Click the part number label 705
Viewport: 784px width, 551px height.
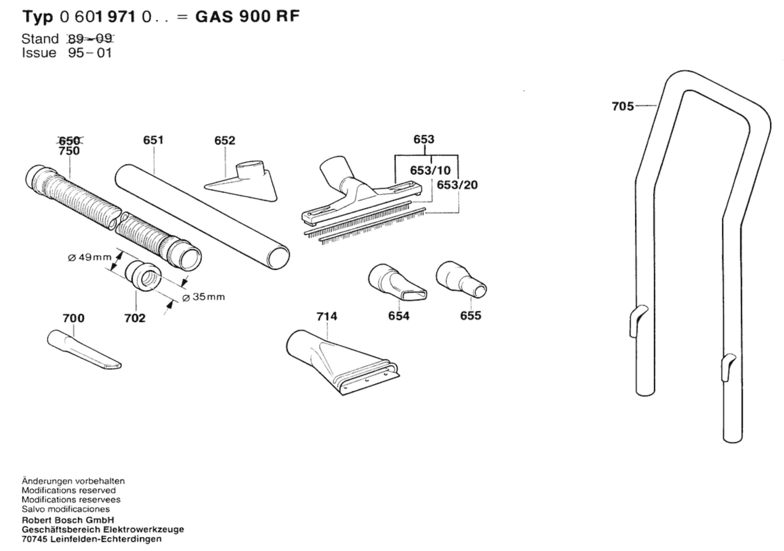click(622, 106)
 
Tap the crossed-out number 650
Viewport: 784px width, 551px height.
click(69, 140)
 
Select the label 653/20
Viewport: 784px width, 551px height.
click(457, 185)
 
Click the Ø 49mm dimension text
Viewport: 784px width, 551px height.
click(90, 257)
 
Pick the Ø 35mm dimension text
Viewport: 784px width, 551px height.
click(203, 296)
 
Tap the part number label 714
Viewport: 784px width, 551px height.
click(326, 316)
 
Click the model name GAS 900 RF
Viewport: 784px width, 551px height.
click(248, 16)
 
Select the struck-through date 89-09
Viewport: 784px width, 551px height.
click(90, 39)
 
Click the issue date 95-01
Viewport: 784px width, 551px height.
click(90, 53)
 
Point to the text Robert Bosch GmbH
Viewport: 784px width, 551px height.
click(68, 520)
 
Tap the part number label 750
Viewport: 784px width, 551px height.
click(69, 151)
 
